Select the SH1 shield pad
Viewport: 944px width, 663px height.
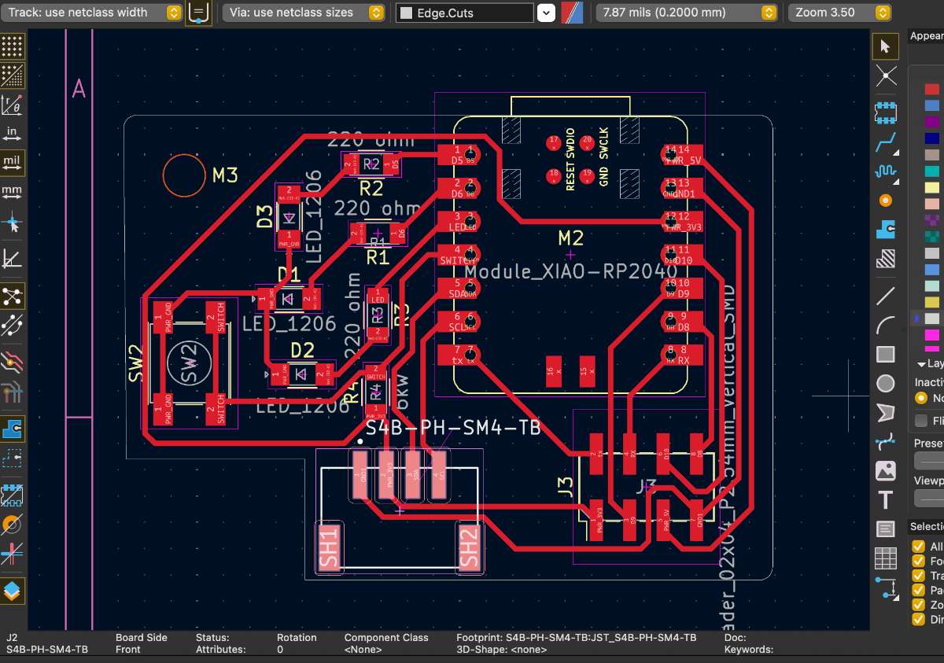click(329, 547)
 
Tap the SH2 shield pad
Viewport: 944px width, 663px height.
click(468, 547)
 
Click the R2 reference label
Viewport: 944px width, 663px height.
click(371, 189)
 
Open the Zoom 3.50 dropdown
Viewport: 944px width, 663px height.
click(839, 13)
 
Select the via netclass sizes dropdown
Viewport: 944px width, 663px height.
click(303, 13)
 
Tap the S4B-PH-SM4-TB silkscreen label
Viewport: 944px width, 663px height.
click(453, 429)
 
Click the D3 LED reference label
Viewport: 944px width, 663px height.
click(264, 216)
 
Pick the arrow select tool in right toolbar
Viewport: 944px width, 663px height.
click(886, 46)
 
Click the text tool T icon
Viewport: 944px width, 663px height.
click(886, 500)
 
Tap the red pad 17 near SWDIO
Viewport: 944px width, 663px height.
click(553, 142)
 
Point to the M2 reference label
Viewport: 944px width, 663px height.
click(571, 238)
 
